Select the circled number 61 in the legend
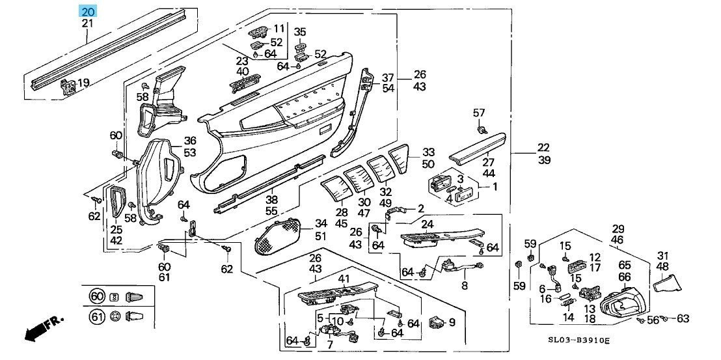(96, 316)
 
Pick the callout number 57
(480, 114)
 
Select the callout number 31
(662, 255)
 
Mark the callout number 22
(543, 148)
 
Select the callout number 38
(271, 200)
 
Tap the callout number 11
(279, 28)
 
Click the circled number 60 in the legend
(96, 297)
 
